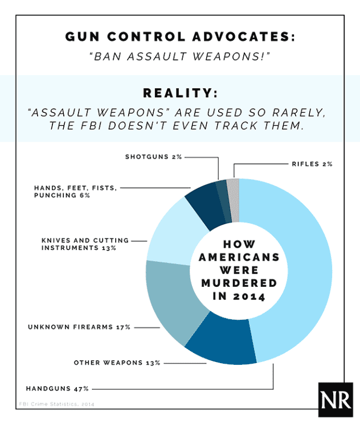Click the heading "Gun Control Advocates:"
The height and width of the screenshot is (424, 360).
(x=180, y=37)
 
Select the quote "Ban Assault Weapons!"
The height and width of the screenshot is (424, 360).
(x=180, y=58)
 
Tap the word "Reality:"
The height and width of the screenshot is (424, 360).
(x=180, y=93)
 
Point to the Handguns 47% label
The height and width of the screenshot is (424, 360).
(x=57, y=389)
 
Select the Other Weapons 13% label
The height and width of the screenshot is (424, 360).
(x=117, y=363)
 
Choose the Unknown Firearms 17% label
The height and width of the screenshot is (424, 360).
(x=79, y=327)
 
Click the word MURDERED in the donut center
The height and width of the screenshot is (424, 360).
(x=236, y=283)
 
